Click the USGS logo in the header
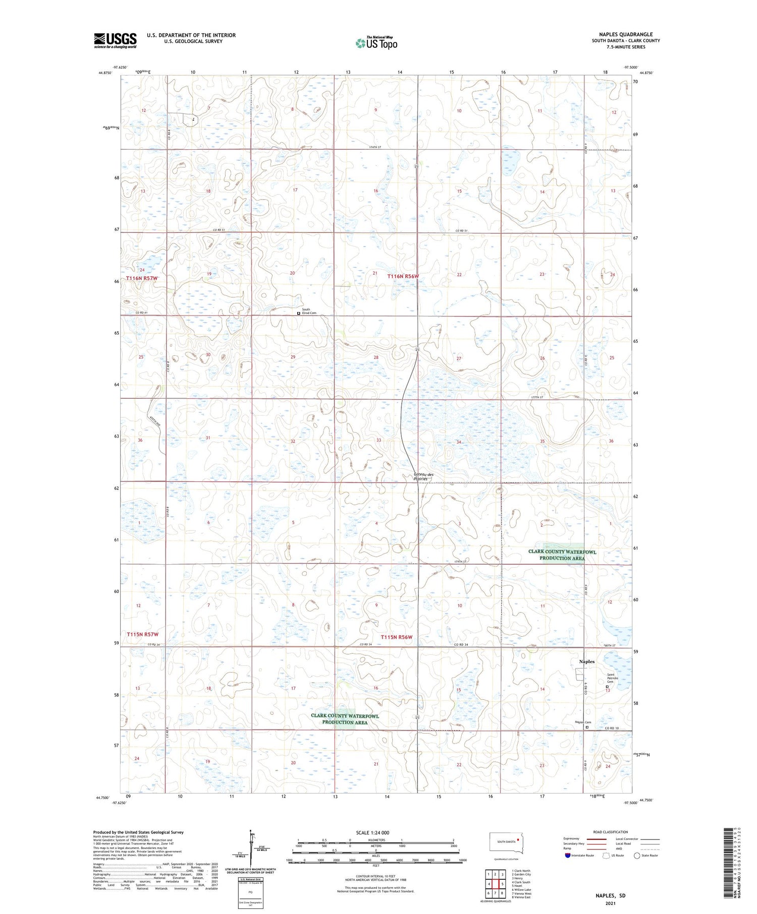(115, 40)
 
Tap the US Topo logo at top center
(376, 43)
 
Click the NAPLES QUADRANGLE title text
(625, 34)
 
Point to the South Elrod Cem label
(309, 311)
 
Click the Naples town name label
(586, 661)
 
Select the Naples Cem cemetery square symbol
(587, 727)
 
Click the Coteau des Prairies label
(423, 476)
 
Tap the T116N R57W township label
(142, 278)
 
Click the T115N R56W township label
(397, 637)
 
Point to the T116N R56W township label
(403, 276)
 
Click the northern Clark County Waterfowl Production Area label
(562, 555)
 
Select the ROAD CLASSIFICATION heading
(611, 832)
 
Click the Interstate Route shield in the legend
(568, 856)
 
